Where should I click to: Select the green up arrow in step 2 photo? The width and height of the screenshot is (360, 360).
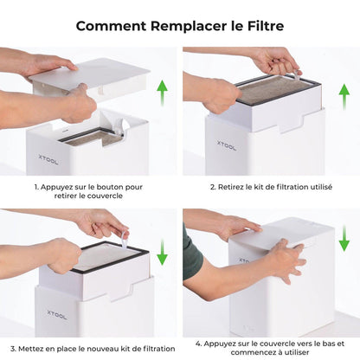coord(344,95)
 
